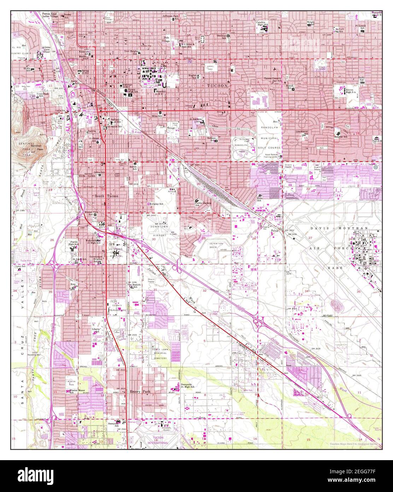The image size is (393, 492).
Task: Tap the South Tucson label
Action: (106, 196)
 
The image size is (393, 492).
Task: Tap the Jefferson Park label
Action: (170, 16)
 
